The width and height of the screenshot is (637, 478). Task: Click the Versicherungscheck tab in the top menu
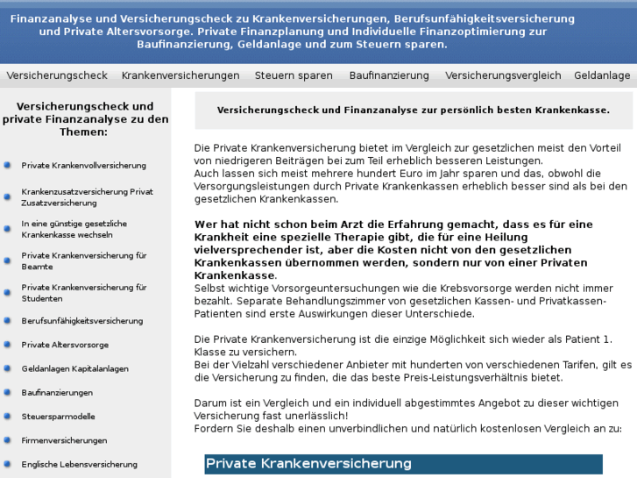57,75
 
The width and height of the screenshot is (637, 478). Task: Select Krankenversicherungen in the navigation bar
180,75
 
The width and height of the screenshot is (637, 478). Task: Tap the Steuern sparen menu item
294,75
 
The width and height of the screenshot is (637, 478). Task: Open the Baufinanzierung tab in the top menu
389,75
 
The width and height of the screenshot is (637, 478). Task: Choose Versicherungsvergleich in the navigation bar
503,75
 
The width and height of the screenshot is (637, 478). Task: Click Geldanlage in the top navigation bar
602,75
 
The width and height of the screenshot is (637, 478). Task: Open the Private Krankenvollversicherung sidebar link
84,165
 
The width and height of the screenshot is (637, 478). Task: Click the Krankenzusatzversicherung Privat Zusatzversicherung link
88,196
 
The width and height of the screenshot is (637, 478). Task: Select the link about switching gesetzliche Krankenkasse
74,229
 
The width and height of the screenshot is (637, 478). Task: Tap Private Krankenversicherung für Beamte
84,260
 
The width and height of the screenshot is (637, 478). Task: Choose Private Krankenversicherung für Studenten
84,292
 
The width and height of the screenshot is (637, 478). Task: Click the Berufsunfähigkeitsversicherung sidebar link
82,321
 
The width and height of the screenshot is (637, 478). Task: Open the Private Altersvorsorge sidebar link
66,345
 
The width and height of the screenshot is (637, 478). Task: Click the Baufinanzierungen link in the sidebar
57,392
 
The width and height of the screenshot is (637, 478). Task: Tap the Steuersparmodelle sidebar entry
59,417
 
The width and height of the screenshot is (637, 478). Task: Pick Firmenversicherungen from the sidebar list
64,440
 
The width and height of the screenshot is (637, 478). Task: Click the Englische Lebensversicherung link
80,464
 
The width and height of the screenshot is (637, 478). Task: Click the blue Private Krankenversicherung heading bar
403,464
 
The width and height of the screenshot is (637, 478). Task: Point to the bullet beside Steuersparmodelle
8,417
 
